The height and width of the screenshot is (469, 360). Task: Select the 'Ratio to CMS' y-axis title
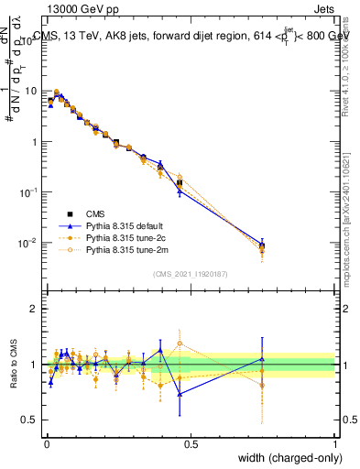14,364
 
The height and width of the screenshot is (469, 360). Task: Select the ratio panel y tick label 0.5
31,420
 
